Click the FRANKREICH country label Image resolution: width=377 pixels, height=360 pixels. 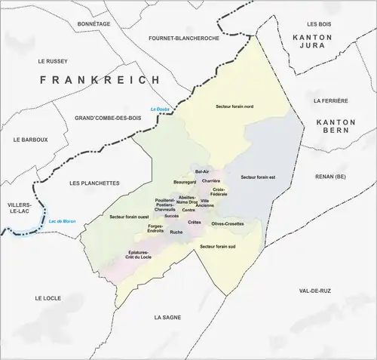[100, 79]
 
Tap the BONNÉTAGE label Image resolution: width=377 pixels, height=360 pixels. [93, 24]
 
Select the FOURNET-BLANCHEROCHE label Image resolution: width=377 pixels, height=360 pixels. [184, 38]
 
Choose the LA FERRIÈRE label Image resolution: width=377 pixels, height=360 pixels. [330, 100]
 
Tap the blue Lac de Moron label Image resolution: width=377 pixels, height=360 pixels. [63, 220]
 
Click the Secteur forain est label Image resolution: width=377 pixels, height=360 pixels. [258, 177]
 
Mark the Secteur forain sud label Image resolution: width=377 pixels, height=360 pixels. [218, 247]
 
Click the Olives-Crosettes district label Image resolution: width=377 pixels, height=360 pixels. [227, 224]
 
